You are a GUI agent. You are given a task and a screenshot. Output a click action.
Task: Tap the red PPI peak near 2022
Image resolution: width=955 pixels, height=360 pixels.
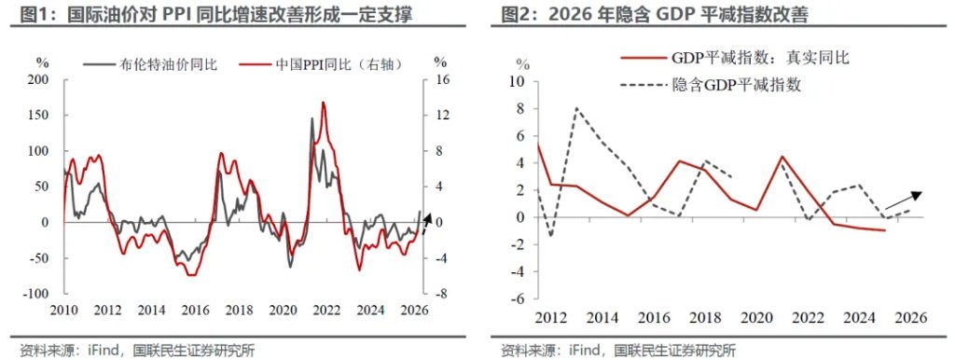(323, 104)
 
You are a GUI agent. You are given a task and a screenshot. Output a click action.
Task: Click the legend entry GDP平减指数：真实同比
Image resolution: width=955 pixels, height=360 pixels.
(745, 57)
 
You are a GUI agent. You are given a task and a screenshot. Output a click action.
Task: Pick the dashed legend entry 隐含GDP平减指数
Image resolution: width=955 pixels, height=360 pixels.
(737, 85)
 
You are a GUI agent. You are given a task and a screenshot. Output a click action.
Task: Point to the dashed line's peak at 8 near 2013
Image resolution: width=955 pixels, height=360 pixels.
(575, 109)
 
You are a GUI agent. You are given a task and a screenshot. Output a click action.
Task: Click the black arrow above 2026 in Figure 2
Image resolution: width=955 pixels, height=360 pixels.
(903, 199)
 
